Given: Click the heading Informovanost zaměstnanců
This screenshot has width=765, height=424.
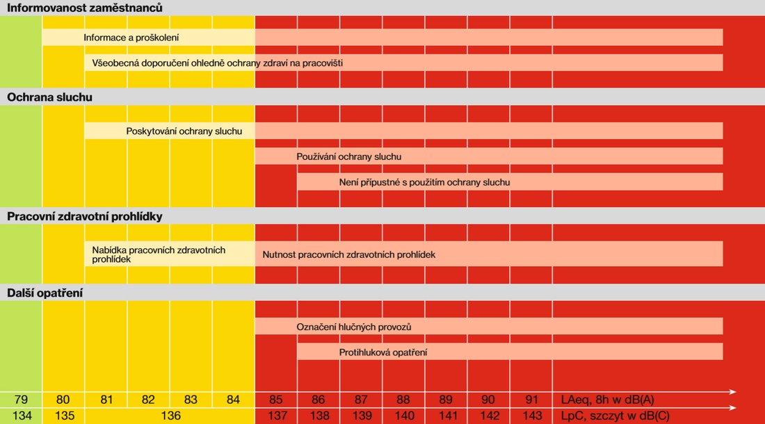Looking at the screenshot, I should pos(85,8).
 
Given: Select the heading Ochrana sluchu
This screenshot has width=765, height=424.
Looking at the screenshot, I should pos(49,97).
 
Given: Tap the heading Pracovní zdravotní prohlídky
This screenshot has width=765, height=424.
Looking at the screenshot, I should pos(85,216).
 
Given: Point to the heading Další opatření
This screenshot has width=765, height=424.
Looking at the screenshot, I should pos(45,293).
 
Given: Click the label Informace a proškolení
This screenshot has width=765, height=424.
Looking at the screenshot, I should pos(131,37).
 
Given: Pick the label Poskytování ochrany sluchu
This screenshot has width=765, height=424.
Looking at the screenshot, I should pos(189,131).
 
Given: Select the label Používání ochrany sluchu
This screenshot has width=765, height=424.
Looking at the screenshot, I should pos(348,156).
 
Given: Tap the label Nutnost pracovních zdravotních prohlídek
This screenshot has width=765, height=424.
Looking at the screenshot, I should pos(348,254).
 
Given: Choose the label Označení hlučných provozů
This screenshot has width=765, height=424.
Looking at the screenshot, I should pos(355,326).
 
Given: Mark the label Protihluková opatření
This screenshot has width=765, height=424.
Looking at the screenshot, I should pos(383,352).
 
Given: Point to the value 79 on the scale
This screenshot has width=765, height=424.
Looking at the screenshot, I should pos(21,400).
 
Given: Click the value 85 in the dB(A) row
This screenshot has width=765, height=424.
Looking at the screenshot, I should pos(276,400).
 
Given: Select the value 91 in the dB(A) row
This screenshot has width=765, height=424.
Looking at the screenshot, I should pos(531,400).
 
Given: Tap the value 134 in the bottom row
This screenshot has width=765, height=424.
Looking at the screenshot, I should pos(21,416).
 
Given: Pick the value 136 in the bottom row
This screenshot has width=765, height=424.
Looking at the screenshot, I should pos(170,416).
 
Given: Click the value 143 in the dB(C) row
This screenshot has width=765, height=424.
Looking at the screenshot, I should pos(531,416).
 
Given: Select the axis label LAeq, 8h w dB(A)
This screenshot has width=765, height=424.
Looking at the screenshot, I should pos(607,400).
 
